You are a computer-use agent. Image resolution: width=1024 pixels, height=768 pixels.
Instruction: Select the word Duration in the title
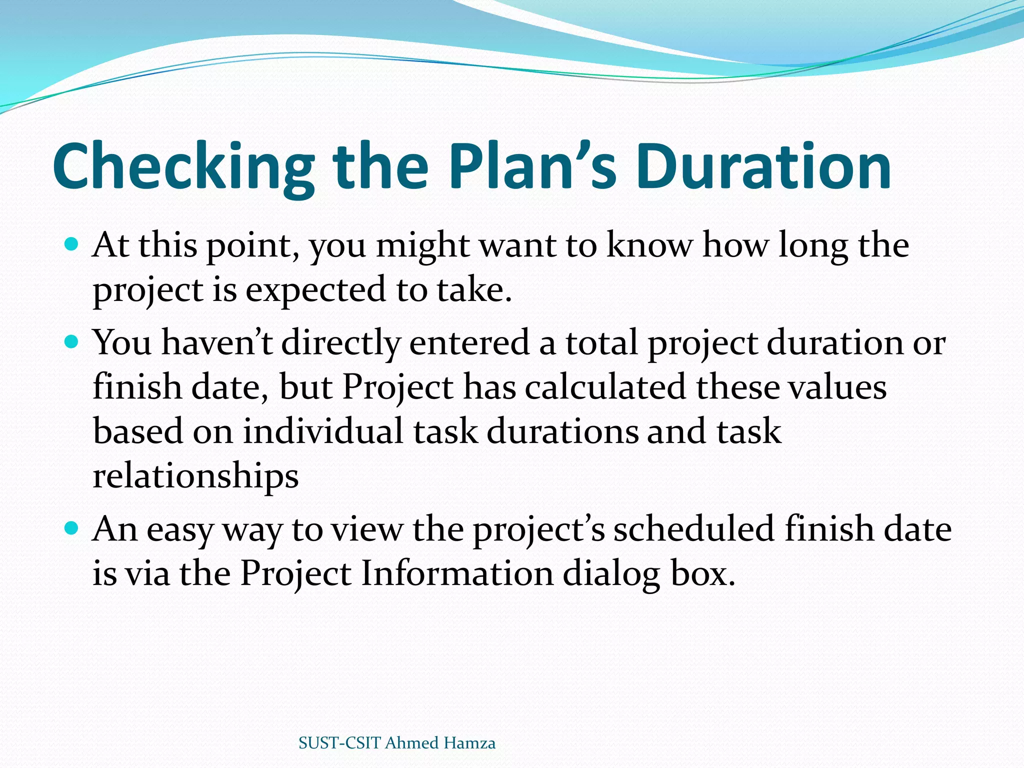(x=763, y=167)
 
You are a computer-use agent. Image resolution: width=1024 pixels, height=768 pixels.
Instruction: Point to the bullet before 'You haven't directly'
(x=72, y=342)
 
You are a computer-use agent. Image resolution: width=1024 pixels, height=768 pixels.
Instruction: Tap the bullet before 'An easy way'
(x=72, y=528)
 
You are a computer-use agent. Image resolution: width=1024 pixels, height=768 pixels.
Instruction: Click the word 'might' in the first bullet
(x=422, y=246)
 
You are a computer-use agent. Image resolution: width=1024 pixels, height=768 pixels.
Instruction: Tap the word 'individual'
(x=323, y=431)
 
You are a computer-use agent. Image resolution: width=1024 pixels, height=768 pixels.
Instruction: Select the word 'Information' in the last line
(x=457, y=573)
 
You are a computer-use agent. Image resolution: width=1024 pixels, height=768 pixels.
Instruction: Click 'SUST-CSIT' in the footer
(x=340, y=743)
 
